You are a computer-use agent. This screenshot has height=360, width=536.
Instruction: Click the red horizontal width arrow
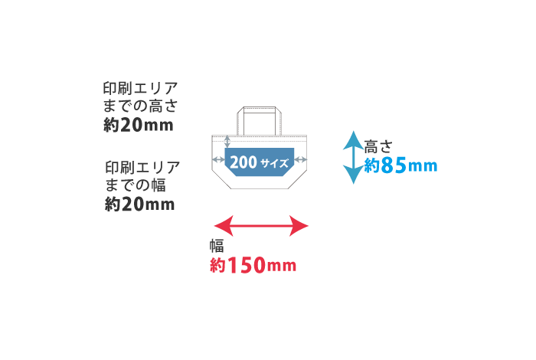[x=260, y=225]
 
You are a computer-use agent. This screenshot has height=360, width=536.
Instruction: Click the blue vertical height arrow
[x=352, y=157]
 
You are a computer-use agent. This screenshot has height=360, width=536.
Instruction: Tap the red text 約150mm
[x=253, y=266]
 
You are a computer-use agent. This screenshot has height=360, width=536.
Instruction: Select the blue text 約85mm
[x=400, y=165]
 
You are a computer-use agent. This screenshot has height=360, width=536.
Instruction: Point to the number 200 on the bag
[x=243, y=162]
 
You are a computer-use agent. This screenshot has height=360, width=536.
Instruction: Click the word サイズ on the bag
[x=274, y=163]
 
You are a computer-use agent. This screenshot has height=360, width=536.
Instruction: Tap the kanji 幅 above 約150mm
[x=217, y=246]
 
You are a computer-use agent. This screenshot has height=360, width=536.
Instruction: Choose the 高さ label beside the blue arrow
[x=378, y=146]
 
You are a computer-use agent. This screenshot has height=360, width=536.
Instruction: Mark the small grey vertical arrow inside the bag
[x=227, y=142]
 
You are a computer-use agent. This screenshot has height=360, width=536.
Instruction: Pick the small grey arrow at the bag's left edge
[x=218, y=159]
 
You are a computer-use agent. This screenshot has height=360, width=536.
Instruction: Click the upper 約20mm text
[x=139, y=125]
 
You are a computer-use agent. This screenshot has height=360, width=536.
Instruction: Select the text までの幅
[x=135, y=185]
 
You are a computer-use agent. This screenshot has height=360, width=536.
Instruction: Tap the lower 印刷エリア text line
[x=142, y=166]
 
